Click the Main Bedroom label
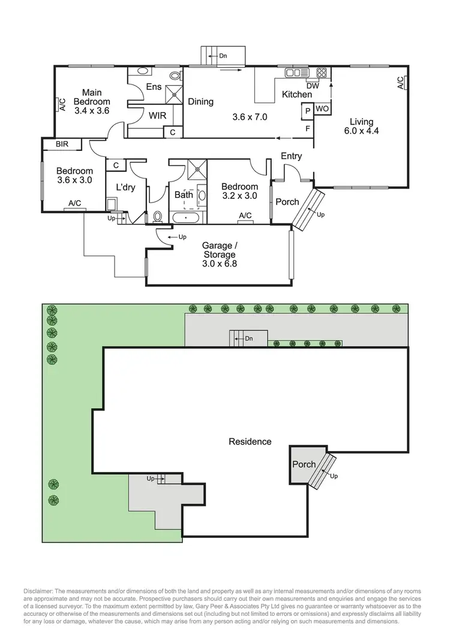pyautogui.click(x=92, y=97)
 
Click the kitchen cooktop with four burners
pyautogui.click(x=322, y=73)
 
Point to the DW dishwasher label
pyautogui.click(x=311, y=85)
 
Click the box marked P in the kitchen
pyautogui.click(x=307, y=110)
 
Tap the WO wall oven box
pyautogui.click(x=322, y=109)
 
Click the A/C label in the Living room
pyautogui.click(x=401, y=83)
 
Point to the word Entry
pyautogui.click(x=291, y=156)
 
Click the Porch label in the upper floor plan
pyautogui.click(x=287, y=202)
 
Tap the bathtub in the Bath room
pyautogui.click(x=187, y=218)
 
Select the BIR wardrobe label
pyautogui.click(x=62, y=144)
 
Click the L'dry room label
pyautogui.click(x=125, y=187)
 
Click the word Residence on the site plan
pyautogui.click(x=250, y=442)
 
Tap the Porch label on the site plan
pyautogui.click(x=304, y=464)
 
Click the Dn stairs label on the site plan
pyautogui.click(x=249, y=338)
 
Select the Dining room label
pyautogui.click(x=200, y=102)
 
